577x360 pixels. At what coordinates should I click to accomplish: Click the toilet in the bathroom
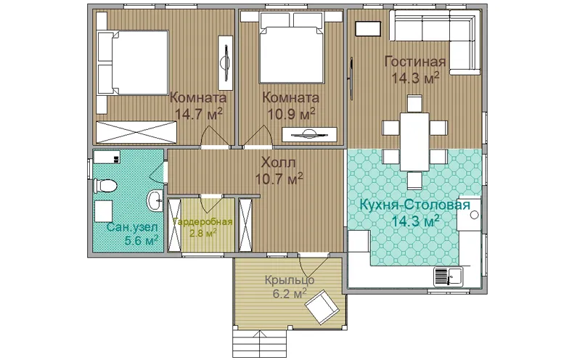105,186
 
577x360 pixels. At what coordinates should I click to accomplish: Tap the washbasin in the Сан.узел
155,200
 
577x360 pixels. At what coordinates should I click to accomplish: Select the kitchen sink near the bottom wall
449,277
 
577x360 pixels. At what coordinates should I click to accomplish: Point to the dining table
414,142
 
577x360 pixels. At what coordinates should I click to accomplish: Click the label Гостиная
414,62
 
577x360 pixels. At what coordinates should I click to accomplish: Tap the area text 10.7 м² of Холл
279,179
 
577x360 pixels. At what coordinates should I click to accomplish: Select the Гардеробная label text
202,222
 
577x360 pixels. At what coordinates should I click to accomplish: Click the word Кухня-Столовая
414,205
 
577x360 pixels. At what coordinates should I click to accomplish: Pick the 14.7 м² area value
198,114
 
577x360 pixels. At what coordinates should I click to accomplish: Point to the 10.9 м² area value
291,114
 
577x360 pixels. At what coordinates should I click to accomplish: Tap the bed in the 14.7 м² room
133,62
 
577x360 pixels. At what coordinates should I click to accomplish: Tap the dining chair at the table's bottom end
414,181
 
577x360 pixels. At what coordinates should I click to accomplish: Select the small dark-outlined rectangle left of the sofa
368,29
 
